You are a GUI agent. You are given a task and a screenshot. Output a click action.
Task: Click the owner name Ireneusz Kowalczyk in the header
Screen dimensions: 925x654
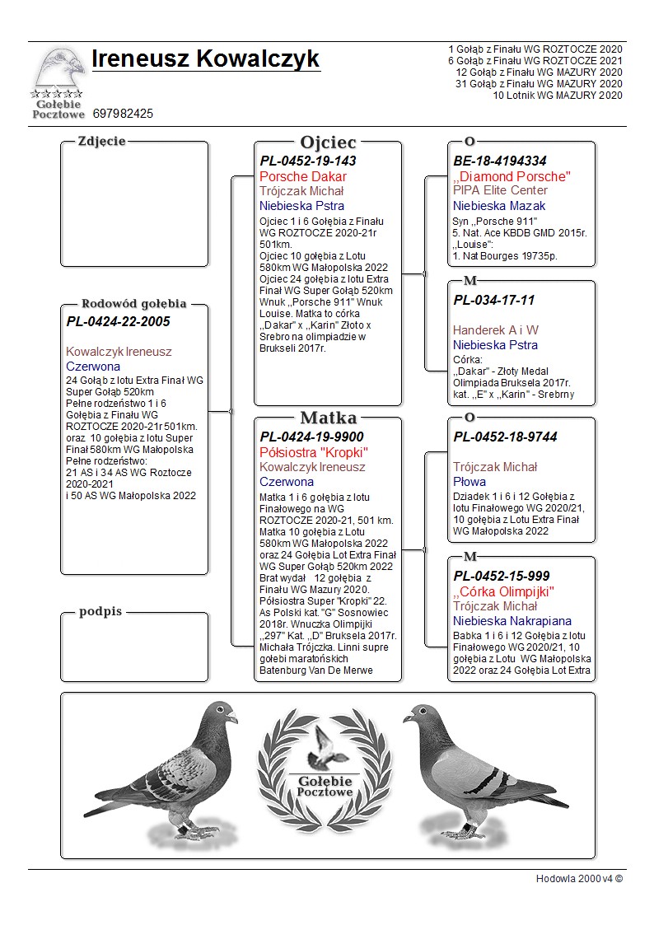pyautogui.click(x=205, y=59)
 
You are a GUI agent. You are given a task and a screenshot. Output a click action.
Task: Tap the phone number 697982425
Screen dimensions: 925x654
pyautogui.click(x=123, y=113)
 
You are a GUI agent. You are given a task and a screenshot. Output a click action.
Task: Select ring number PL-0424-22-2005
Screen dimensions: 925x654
pyautogui.click(x=118, y=321)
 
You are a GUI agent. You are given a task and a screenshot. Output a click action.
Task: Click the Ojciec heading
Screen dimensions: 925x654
pyautogui.click(x=328, y=142)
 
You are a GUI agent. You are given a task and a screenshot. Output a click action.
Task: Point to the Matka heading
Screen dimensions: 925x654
pyautogui.click(x=328, y=418)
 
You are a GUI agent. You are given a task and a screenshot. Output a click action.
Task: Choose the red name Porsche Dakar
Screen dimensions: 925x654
pyautogui.click(x=303, y=176)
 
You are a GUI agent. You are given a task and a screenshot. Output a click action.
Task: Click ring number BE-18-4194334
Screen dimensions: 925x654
pyautogui.click(x=500, y=161)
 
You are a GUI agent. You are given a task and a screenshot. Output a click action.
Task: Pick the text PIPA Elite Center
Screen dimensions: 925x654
pyautogui.click(x=500, y=190)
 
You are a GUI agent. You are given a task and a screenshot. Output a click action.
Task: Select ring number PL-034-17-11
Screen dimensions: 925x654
pyautogui.click(x=493, y=300)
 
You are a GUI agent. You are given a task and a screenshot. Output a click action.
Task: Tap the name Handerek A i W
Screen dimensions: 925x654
pyautogui.click(x=496, y=329)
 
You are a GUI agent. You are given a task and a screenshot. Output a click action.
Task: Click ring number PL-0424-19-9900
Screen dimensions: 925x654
pyautogui.click(x=311, y=437)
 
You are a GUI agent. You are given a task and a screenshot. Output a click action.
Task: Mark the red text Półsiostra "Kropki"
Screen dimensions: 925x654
pyautogui.click(x=313, y=452)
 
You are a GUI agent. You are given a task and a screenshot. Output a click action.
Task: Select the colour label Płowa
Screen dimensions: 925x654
pyautogui.click(x=469, y=481)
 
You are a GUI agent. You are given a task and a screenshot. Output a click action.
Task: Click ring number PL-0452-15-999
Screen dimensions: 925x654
pyautogui.click(x=502, y=575)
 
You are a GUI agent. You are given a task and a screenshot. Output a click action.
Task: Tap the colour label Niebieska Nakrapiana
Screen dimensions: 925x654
pyautogui.click(x=512, y=620)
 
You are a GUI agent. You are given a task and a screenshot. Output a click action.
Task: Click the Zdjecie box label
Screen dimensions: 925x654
pyautogui.click(x=101, y=141)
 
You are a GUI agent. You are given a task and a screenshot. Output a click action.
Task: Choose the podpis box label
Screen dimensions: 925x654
pyautogui.click(x=100, y=611)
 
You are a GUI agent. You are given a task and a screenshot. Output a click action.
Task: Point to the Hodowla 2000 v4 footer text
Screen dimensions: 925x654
pyautogui.click(x=579, y=878)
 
